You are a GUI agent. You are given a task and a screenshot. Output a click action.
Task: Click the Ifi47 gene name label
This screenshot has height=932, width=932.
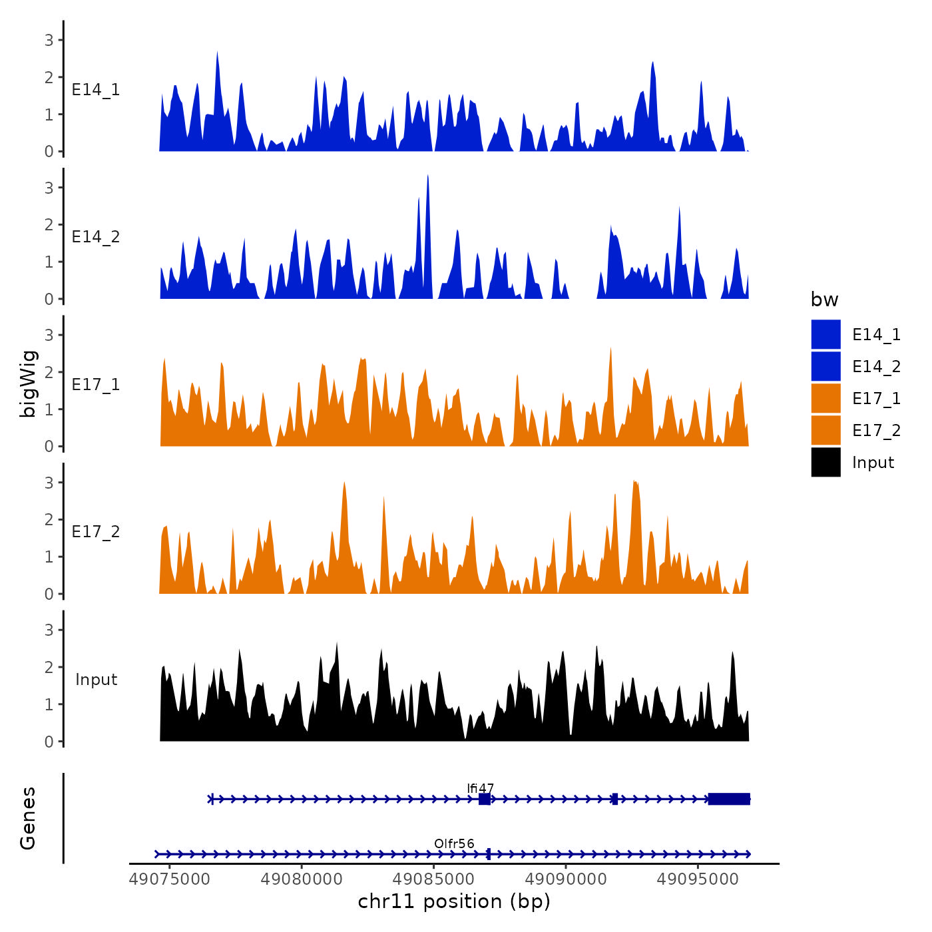[480, 789]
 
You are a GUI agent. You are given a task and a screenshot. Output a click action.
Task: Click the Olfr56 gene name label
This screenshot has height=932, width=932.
[454, 844]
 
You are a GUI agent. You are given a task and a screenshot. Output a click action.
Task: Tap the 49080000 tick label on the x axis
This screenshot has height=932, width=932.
[302, 879]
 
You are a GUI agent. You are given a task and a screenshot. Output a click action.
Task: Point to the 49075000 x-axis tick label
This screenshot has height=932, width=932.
[170, 879]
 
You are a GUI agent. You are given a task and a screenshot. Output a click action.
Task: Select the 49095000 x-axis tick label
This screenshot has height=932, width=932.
[698, 879]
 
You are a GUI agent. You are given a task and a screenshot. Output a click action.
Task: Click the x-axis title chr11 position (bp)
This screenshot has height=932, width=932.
[454, 902]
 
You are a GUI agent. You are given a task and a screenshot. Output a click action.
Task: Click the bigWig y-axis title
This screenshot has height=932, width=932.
[29, 384]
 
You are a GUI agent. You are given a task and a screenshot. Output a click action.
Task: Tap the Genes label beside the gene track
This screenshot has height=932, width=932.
[29, 818]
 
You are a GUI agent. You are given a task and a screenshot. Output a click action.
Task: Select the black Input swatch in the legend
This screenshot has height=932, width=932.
[825, 462]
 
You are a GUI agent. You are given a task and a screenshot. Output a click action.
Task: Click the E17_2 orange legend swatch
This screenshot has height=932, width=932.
[825, 430]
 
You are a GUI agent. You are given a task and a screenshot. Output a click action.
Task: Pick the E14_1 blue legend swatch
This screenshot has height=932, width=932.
[825, 334]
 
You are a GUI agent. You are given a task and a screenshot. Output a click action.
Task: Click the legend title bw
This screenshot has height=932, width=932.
[824, 300]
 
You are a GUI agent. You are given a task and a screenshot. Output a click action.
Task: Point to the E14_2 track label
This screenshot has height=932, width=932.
[96, 237]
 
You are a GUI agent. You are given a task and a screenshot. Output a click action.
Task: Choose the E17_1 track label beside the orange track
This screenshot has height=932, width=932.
[96, 385]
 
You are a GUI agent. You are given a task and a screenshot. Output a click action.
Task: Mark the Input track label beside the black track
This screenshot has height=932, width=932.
[96, 680]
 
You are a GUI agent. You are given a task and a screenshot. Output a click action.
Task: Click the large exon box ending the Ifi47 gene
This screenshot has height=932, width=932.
[729, 799]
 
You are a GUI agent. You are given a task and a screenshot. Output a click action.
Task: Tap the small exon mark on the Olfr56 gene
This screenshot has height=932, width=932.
[489, 854]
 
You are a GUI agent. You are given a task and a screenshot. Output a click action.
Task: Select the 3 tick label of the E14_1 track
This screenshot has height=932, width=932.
[49, 40]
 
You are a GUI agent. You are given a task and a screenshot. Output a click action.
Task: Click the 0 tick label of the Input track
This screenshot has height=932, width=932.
[49, 742]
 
